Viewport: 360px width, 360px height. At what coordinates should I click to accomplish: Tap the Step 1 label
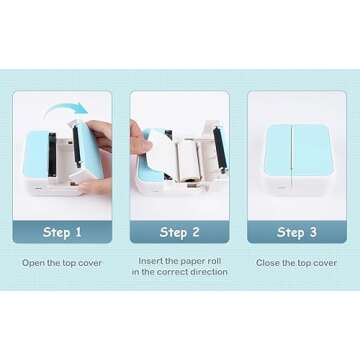(61, 232)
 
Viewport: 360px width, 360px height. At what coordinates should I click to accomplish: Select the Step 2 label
(179, 232)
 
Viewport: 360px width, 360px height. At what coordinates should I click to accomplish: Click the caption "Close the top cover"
(296, 263)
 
